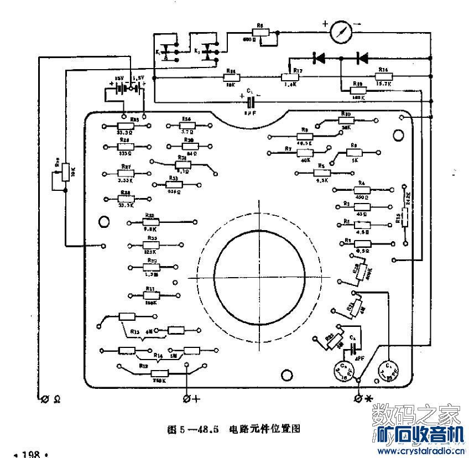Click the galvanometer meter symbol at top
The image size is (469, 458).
pyautogui.click(x=342, y=32)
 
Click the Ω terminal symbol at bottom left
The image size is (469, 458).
pyautogui.click(x=44, y=398)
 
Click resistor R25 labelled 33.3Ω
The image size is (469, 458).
pyautogui.click(x=126, y=126)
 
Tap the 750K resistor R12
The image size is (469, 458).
pyautogui.click(x=160, y=373)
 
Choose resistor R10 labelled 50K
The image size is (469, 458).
pyautogui.click(x=346, y=120)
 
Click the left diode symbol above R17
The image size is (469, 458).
pyautogui.click(x=319, y=56)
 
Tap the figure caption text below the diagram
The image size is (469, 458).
pyautogui.click(x=233, y=429)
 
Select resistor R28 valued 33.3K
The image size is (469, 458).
pyautogui.click(x=126, y=199)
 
